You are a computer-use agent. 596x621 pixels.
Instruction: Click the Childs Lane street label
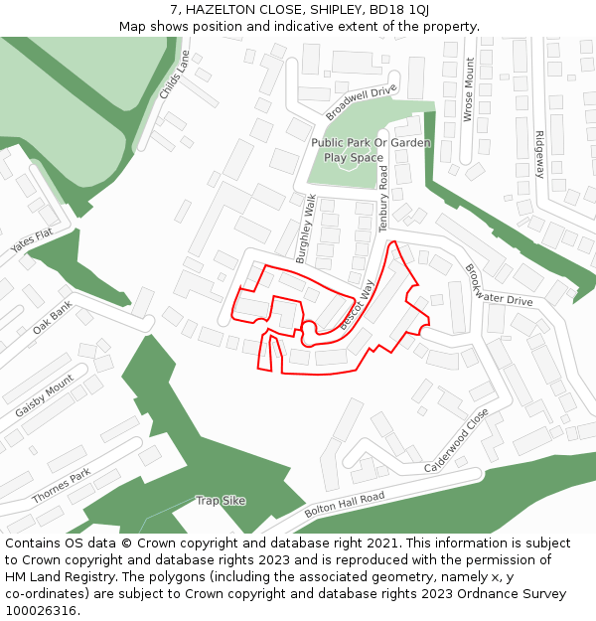(x=174, y=76)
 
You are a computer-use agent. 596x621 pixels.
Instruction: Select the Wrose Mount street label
(x=469, y=89)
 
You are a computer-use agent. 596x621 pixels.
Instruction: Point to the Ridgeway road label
(x=539, y=154)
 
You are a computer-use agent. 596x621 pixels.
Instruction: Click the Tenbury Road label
(x=384, y=199)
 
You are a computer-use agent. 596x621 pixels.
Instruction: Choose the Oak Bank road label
(x=53, y=318)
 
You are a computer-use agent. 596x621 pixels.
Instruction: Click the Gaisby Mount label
(x=45, y=395)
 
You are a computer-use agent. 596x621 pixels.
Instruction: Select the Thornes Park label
(x=61, y=485)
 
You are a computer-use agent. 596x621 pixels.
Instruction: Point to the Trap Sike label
(x=221, y=501)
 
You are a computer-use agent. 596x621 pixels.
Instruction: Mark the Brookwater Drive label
(x=499, y=285)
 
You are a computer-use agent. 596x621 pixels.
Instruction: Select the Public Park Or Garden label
(x=371, y=142)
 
